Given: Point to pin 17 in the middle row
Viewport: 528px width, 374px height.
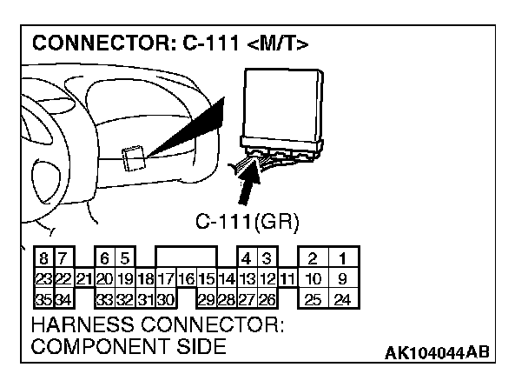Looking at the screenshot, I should [166, 279].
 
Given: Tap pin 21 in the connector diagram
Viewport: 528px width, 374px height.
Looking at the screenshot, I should [84, 279].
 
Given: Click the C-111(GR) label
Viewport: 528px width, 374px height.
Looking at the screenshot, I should [247, 222].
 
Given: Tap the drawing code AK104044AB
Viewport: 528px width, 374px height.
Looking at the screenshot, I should [438, 352].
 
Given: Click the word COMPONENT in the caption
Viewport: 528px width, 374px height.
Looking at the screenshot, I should [91, 346].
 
